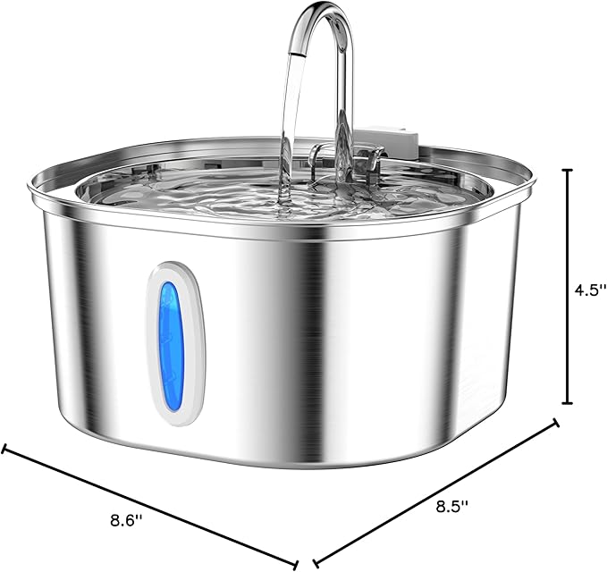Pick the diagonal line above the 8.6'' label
(x=152, y=505)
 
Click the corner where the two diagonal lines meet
(x=306, y=562)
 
